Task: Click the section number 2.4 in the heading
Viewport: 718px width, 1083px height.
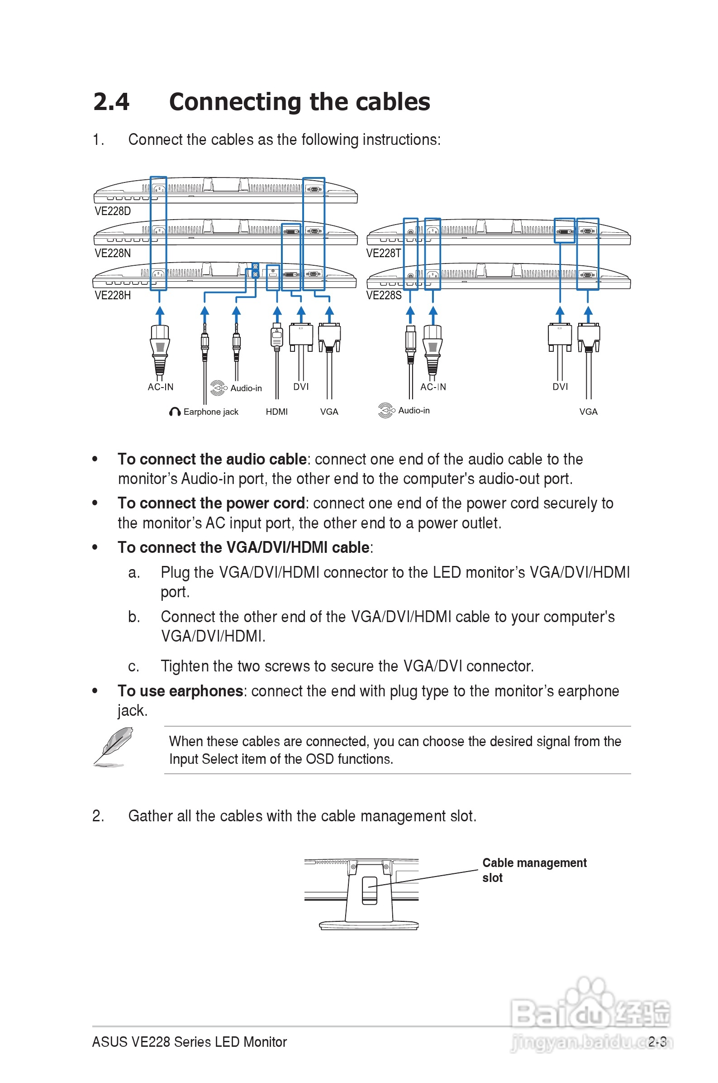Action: click(111, 102)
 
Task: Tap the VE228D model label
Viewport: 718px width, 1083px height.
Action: click(113, 211)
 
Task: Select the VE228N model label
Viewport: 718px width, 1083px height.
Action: click(113, 254)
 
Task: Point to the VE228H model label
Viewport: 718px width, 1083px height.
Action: click(113, 296)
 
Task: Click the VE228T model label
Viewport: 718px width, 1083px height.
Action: click(384, 254)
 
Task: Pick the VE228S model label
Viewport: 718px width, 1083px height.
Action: click(384, 296)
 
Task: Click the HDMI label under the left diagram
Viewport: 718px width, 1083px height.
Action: click(276, 412)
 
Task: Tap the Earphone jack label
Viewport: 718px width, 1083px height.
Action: click(211, 412)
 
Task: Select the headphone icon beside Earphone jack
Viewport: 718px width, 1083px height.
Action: click(175, 412)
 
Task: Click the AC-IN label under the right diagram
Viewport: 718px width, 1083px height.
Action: click(433, 387)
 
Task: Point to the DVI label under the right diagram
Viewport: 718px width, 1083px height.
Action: click(560, 387)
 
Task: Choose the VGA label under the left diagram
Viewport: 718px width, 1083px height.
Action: click(329, 412)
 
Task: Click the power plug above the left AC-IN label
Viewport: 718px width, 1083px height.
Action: click(160, 348)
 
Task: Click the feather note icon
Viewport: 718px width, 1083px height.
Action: click(113, 747)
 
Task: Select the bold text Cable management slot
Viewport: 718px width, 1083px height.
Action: click(534, 870)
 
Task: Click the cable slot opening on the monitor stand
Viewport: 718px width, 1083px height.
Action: click(370, 891)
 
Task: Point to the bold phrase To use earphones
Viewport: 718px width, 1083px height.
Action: click(180, 691)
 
